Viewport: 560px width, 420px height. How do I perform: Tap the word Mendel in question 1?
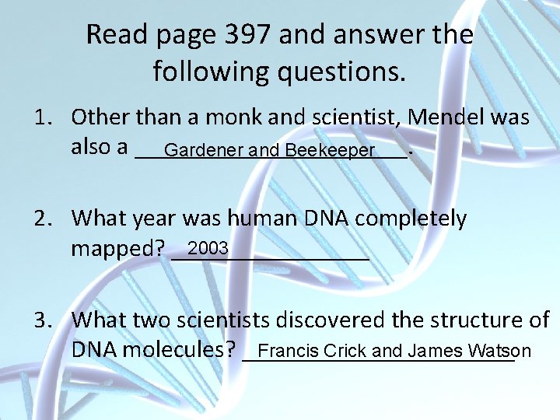click(x=450, y=117)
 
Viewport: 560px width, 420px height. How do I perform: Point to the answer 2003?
click(x=208, y=248)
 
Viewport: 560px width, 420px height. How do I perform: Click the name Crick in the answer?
click(x=345, y=351)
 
